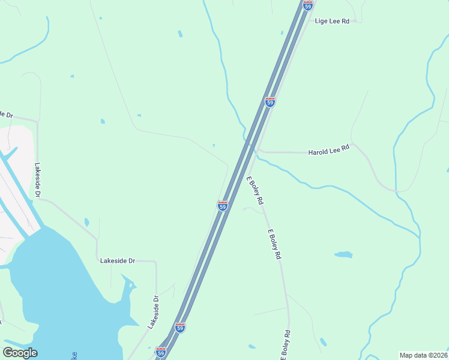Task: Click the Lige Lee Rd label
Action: (332, 21)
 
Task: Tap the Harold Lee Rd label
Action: (328, 149)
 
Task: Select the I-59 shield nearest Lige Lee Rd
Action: (308, 5)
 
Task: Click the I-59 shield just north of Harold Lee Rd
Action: (270, 102)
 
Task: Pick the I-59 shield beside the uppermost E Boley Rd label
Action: (222, 206)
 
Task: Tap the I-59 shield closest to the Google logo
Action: (160, 352)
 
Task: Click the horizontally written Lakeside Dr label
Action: (118, 261)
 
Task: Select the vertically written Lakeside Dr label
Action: (37, 181)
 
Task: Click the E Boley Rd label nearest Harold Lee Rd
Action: (255, 191)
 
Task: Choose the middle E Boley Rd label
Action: (274, 244)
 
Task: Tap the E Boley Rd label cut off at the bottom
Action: (286, 346)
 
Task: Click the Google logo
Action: (20, 353)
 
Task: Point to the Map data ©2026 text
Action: (423, 355)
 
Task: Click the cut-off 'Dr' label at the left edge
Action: (6, 114)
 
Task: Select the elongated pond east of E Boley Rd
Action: (343, 254)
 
